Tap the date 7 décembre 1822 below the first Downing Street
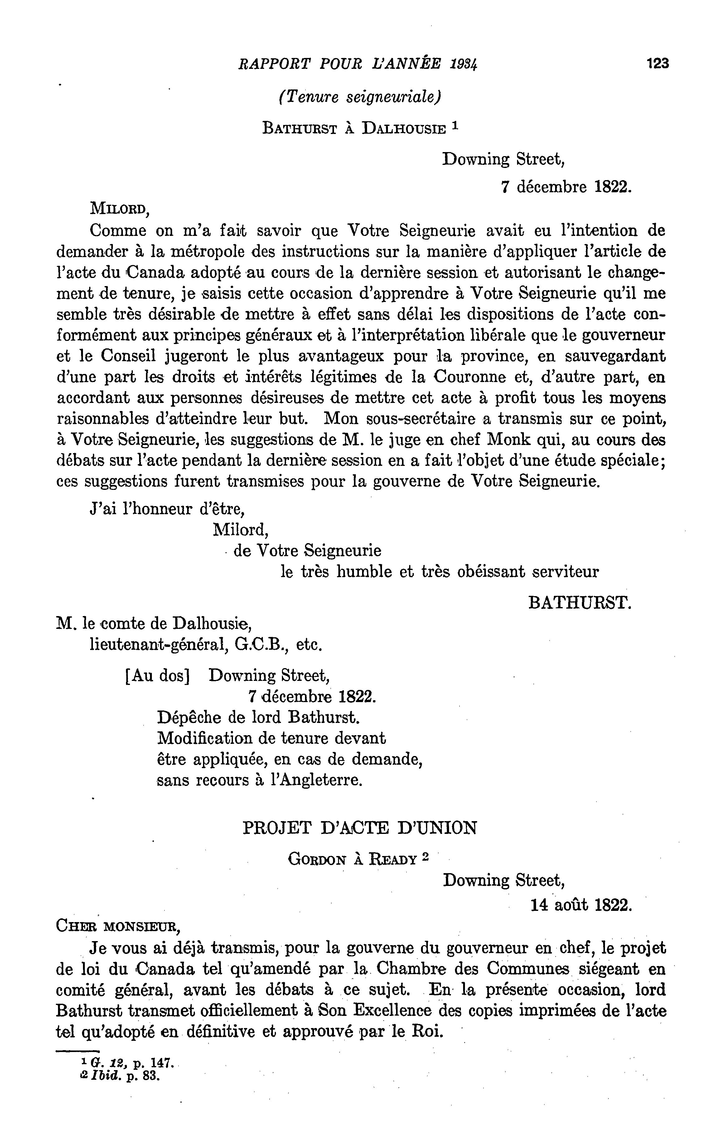(566, 187)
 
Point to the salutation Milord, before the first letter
(120, 208)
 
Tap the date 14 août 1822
(581, 905)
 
